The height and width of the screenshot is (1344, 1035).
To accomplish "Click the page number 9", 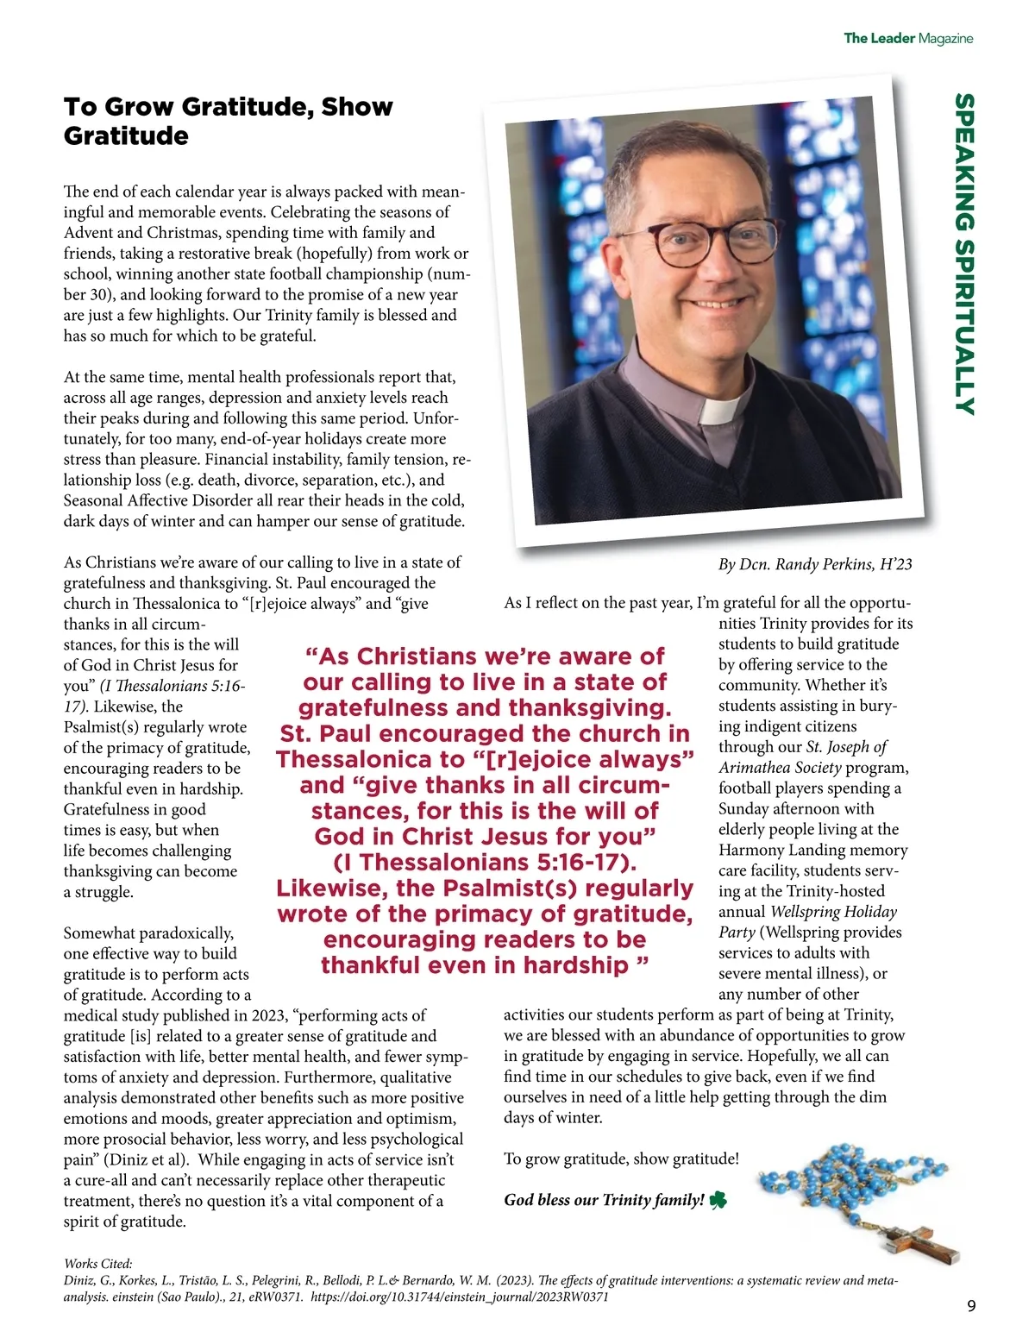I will pos(972,1306).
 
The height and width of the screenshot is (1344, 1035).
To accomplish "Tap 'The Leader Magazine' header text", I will pos(907,38).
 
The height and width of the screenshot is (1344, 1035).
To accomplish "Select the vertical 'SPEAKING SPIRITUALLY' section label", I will pos(965,254).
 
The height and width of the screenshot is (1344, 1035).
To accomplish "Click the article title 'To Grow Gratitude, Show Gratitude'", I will pos(228,121).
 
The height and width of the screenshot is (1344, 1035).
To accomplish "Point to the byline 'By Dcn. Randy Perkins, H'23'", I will pos(814,564).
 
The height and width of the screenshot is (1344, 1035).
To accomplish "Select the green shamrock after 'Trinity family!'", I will pos(718,1200).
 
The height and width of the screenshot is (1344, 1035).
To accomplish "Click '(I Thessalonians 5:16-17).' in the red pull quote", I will pos(485,863).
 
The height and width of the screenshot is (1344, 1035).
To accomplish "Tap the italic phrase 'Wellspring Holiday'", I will pos(833,912).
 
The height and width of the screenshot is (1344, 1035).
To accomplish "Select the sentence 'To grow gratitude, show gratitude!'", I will pos(621,1159).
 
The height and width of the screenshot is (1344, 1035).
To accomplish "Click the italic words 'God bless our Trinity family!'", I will pos(604,1200).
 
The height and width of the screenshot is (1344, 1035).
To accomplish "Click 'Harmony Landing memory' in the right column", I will pos(812,850).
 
